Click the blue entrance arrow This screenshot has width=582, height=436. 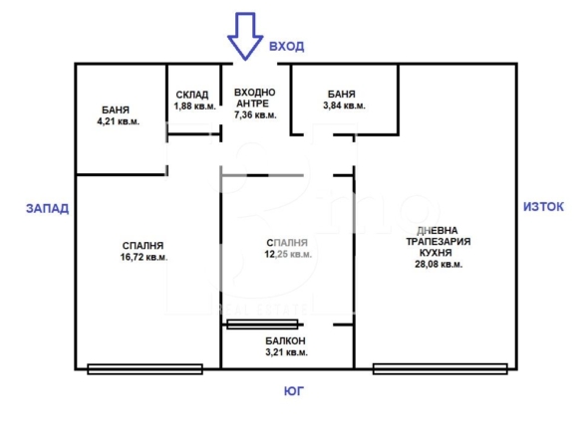(245, 36)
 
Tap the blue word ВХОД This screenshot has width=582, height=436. (287, 47)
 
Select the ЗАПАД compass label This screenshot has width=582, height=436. (47, 208)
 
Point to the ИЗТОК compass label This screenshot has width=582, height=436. (543, 206)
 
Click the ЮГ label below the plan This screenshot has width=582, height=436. (294, 391)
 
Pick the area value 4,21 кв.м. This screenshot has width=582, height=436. (118, 121)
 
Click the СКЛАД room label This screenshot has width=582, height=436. (192, 95)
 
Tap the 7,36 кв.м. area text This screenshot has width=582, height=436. (255, 114)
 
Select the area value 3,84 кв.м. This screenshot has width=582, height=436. (344, 106)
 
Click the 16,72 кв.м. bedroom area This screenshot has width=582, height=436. (144, 257)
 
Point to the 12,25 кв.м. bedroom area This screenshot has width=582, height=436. (288, 254)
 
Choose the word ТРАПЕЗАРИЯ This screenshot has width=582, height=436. (438, 241)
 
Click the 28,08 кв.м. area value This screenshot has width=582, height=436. (438, 265)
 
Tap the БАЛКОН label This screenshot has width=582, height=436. (285, 340)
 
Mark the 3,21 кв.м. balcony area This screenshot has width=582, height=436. (287, 352)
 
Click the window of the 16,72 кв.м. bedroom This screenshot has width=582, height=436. (145, 369)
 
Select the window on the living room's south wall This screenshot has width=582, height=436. (439, 369)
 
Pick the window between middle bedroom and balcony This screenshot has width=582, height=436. (262, 325)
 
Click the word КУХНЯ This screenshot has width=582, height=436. (436, 253)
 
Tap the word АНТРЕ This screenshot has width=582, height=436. (252, 104)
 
